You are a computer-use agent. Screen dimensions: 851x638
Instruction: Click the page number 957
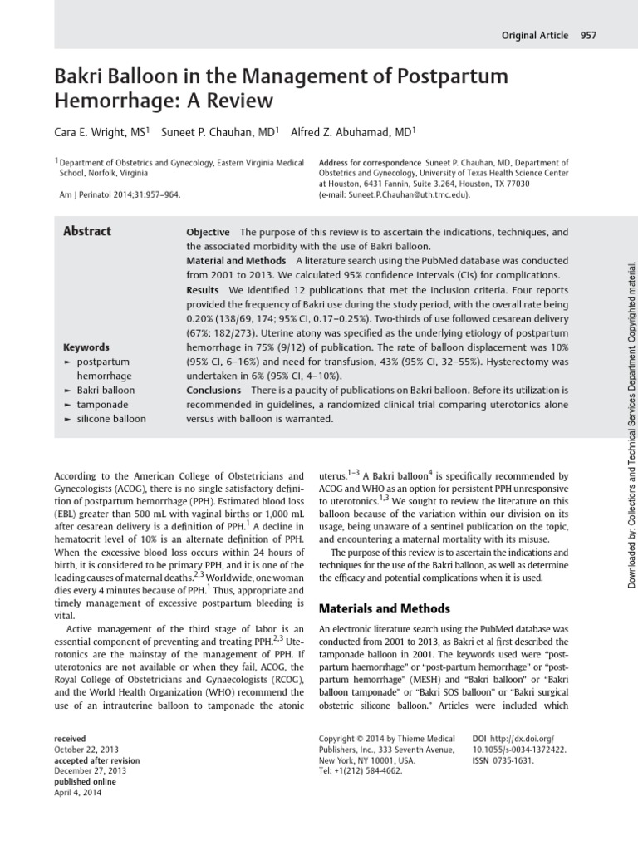click(x=589, y=35)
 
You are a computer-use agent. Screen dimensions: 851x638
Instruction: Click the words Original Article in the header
click(x=536, y=35)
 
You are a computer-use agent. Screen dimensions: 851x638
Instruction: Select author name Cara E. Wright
click(x=98, y=131)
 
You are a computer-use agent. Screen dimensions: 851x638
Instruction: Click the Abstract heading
click(x=87, y=232)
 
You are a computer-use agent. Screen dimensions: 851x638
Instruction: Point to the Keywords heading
click(x=86, y=347)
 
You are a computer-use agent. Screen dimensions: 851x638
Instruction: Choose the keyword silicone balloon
click(x=111, y=419)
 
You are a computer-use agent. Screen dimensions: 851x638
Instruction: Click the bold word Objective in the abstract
click(x=208, y=232)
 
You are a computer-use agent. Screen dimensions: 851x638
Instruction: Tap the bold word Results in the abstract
click(x=203, y=289)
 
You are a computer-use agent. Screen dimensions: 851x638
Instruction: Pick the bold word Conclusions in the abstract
click(x=213, y=390)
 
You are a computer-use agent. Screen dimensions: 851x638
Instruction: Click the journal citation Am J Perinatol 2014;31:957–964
click(x=120, y=194)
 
